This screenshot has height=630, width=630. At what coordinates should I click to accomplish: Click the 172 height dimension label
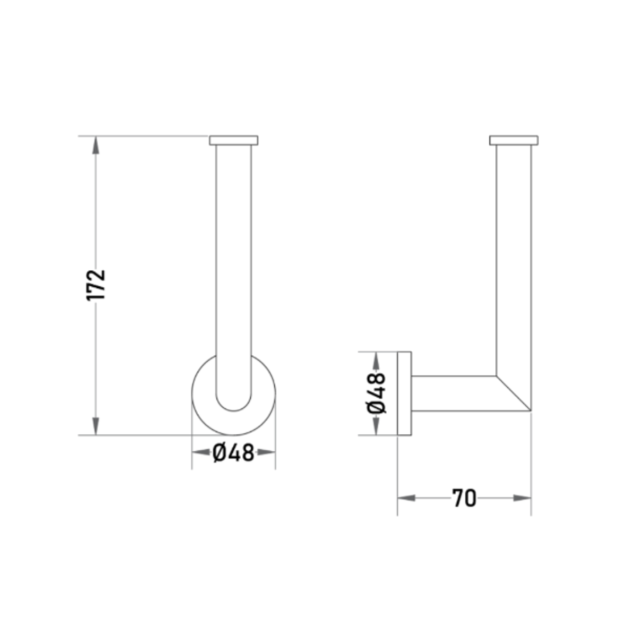(x=96, y=285)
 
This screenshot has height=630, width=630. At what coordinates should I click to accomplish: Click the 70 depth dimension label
(x=464, y=498)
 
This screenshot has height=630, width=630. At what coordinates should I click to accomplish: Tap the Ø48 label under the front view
(x=233, y=453)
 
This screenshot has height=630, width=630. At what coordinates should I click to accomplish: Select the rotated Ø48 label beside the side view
(x=376, y=393)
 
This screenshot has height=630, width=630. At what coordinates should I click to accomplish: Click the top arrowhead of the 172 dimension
(x=96, y=145)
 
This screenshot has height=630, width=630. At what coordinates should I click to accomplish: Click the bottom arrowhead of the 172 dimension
(x=96, y=426)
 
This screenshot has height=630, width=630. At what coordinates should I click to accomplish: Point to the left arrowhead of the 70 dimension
(x=407, y=498)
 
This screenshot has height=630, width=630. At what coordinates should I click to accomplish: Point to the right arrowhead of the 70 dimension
(x=522, y=498)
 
